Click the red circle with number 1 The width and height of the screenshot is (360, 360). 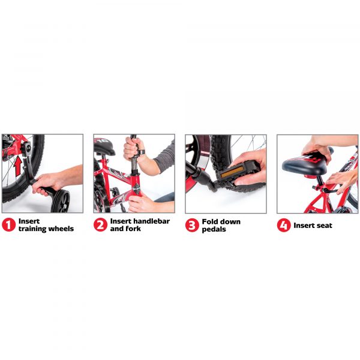pyautogui.click(x=9, y=225)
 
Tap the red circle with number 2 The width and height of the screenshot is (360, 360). pyautogui.click(x=100, y=225)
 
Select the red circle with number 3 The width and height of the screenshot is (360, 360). pyautogui.click(x=192, y=225)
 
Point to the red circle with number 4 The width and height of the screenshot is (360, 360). pyautogui.click(x=284, y=225)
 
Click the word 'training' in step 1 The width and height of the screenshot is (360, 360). pyautogui.click(x=32, y=229)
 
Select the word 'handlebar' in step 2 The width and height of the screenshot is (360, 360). pyautogui.click(x=152, y=221)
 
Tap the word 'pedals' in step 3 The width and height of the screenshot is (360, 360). pyautogui.click(x=214, y=229)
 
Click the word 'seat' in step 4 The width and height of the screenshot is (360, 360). pyautogui.click(x=324, y=226)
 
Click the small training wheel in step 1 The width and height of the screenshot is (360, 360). pyautogui.click(x=60, y=201)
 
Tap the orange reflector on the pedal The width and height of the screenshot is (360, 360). pyautogui.click(x=232, y=172)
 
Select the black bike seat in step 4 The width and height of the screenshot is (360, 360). pyautogui.click(x=306, y=164)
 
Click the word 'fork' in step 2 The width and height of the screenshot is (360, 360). pyautogui.click(x=133, y=229)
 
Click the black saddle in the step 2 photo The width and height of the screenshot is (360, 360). pyautogui.click(x=104, y=146)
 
